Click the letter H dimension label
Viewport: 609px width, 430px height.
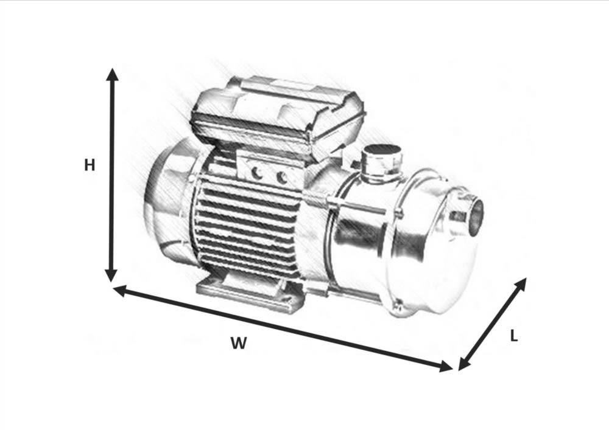click(90, 165)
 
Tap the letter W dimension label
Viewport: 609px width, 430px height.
click(239, 343)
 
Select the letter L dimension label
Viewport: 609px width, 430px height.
click(514, 336)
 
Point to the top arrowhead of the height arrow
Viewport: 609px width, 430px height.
click(113, 74)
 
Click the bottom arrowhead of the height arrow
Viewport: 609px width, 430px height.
click(111, 276)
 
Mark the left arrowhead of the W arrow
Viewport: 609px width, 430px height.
click(119, 290)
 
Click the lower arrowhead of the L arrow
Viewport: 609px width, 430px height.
click(465, 364)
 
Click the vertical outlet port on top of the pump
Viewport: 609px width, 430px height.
click(381, 163)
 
